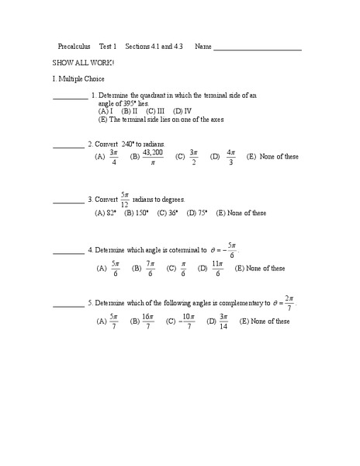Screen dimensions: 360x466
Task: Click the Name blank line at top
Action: (x=257, y=49)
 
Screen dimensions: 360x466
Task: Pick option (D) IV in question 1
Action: (x=182, y=111)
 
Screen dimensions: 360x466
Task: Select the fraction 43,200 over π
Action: (x=153, y=157)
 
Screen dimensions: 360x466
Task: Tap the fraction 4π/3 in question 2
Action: (x=231, y=157)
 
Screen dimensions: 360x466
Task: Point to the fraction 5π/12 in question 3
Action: (x=124, y=200)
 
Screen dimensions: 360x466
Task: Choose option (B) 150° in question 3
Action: (x=137, y=213)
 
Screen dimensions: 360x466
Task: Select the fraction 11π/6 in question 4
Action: (x=217, y=269)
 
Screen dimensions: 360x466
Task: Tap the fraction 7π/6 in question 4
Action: (x=149, y=269)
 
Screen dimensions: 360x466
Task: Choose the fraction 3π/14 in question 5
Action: (x=223, y=321)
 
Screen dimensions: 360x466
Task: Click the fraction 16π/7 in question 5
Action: (x=147, y=321)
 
